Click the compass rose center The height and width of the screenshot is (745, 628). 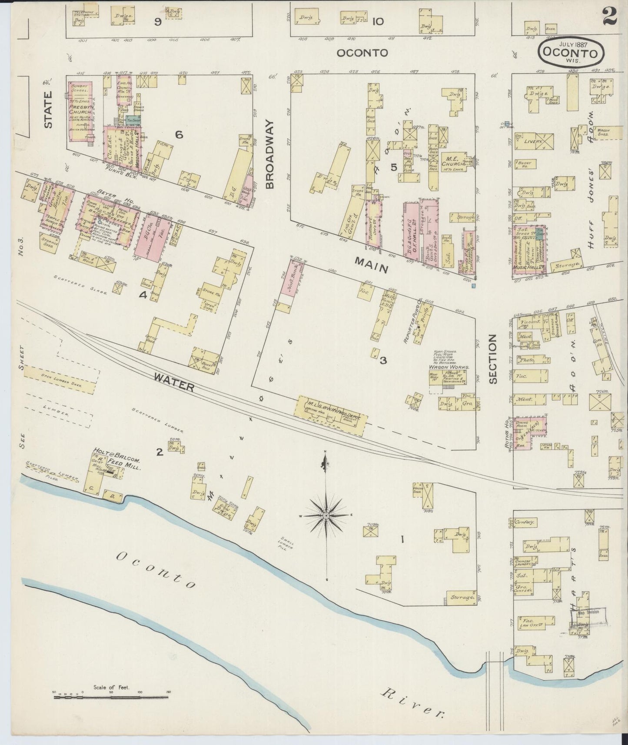coord(326,515)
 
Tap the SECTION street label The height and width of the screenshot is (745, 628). coord(492,359)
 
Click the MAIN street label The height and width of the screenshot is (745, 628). coord(371,265)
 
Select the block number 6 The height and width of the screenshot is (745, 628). coord(179,135)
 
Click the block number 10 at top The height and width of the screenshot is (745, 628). coord(378,21)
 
